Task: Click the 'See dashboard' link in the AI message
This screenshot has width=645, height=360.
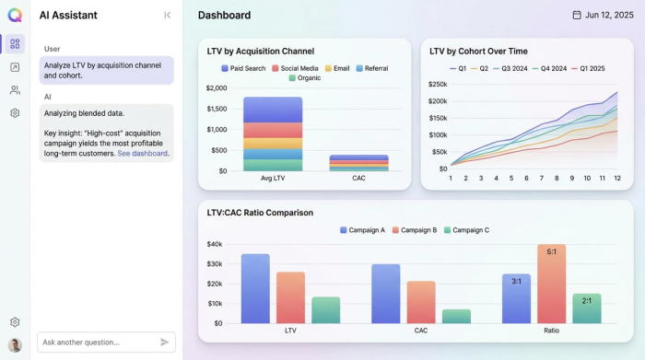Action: click(143, 154)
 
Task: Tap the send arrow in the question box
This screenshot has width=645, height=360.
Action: click(165, 342)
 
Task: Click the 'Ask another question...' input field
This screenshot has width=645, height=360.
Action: click(97, 342)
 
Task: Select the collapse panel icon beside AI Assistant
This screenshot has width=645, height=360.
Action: click(167, 15)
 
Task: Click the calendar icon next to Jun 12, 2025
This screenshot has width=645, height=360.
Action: click(577, 15)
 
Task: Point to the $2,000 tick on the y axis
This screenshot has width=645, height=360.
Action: click(217, 88)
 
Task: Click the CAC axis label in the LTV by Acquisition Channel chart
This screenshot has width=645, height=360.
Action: click(358, 178)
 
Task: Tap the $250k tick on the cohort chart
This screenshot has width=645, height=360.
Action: click(438, 84)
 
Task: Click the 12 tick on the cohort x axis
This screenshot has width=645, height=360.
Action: click(616, 178)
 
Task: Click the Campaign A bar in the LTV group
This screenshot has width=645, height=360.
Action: click(255, 288)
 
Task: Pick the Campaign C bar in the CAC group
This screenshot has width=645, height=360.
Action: click(456, 316)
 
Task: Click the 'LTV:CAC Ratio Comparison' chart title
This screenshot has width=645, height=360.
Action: click(260, 213)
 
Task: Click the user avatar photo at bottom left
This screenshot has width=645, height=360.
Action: click(15, 344)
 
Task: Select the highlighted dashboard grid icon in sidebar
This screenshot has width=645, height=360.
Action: click(15, 43)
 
